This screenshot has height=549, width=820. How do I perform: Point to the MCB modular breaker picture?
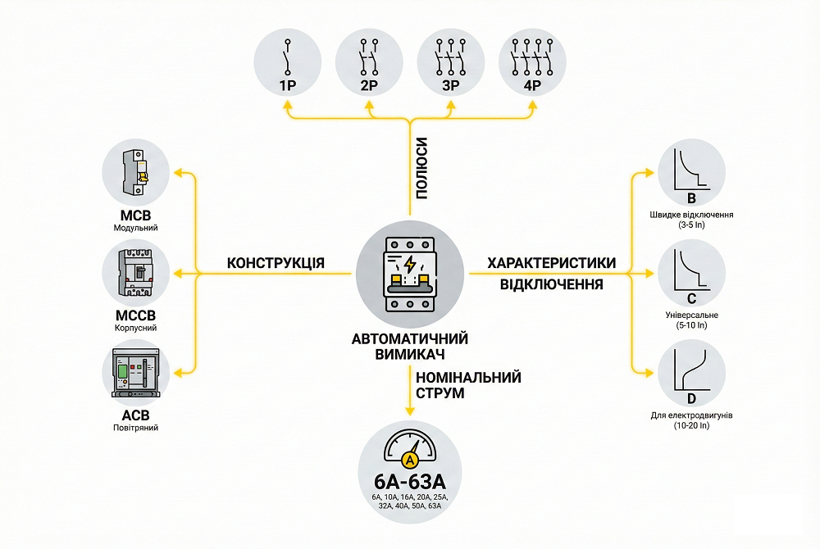pyautogui.click(x=134, y=174)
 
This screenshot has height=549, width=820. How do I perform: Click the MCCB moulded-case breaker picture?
pyautogui.click(x=134, y=274)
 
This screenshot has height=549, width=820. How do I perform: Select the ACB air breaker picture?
pyautogui.click(x=134, y=374)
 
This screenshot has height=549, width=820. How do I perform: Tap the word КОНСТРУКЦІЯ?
pyautogui.click(x=276, y=263)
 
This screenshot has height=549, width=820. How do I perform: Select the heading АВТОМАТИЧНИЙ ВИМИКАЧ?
pyautogui.click(x=409, y=347)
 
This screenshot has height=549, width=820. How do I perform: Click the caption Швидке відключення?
pyautogui.click(x=691, y=215)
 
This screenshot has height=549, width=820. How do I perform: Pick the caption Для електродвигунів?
pyautogui.click(x=691, y=415)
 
